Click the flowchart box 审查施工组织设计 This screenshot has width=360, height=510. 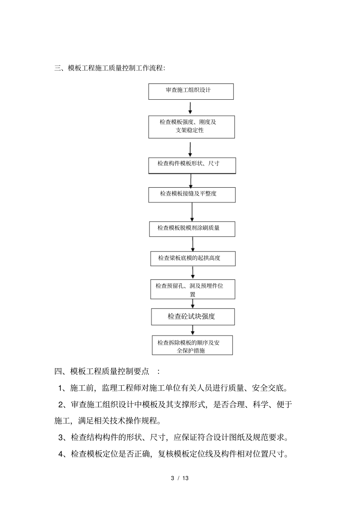[x=191, y=91]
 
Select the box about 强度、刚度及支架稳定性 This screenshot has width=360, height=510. [x=191, y=127]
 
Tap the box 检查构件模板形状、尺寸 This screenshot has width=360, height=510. [x=192, y=165]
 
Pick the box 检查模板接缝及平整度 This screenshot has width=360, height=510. [x=192, y=195]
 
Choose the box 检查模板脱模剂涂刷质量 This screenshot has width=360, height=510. [x=192, y=229]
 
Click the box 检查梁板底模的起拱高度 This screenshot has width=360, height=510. [x=193, y=259]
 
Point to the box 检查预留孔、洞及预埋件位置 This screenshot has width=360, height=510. [x=193, y=289]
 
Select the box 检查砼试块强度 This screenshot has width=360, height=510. [x=193, y=317]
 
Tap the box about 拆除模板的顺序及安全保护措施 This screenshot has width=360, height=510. [x=192, y=345]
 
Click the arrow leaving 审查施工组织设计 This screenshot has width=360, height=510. [x=190, y=108]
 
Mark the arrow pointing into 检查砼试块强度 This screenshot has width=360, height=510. [x=193, y=304]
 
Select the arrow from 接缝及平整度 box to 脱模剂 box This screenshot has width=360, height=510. [x=192, y=212]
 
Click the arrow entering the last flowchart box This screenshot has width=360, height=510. [x=193, y=330]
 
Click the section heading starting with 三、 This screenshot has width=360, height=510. [x=110, y=68]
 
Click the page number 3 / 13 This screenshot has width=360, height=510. [x=180, y=478]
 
